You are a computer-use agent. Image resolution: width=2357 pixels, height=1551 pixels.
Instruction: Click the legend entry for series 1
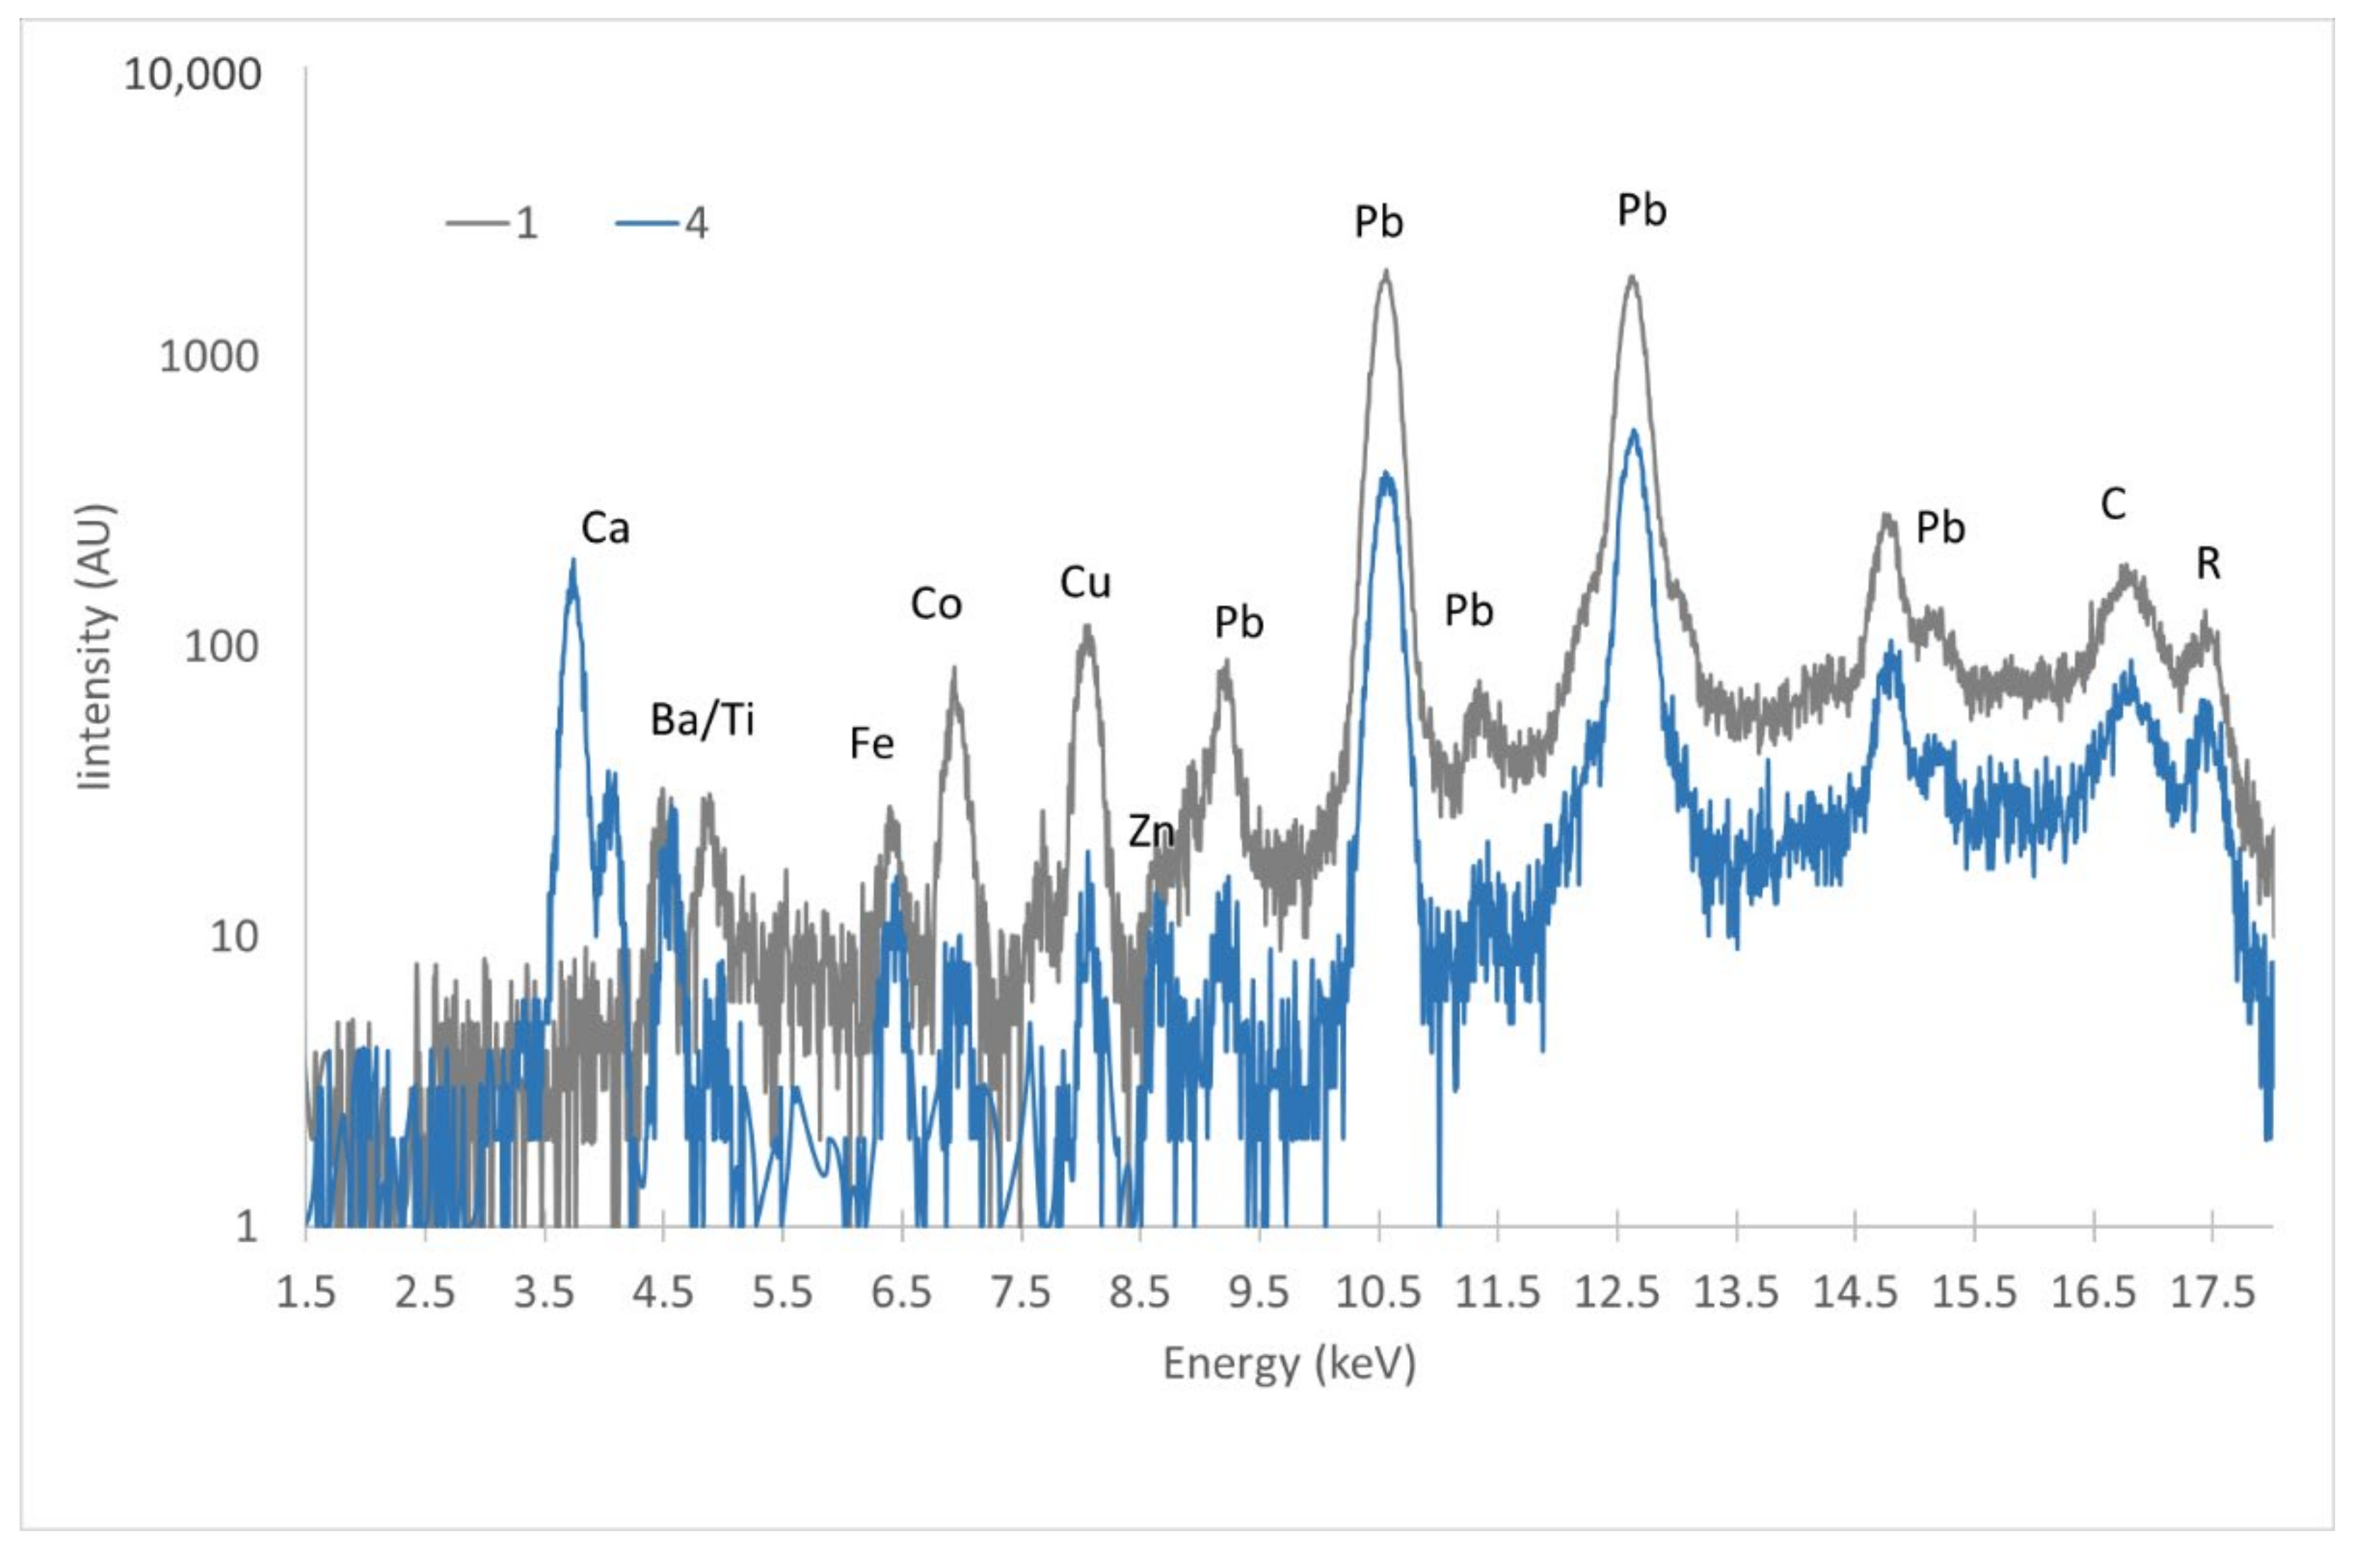click(493, 223)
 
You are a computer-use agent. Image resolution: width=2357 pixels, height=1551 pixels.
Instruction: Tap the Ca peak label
click(604, 528)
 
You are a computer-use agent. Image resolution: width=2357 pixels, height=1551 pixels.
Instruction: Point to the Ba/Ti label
click(702, 720)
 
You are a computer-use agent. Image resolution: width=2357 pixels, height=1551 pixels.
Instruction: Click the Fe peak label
click(871, 743)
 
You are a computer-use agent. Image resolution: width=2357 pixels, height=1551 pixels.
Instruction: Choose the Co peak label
click(936, 604)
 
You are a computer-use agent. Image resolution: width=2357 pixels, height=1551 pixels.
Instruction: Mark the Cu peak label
click(1085, 582)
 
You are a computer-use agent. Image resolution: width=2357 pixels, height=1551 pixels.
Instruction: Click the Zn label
click(1151, 831)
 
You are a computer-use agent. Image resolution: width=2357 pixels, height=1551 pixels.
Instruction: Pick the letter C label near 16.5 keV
click(2113, 505)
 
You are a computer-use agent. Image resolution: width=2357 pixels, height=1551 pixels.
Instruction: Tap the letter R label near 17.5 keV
click(2208, 563)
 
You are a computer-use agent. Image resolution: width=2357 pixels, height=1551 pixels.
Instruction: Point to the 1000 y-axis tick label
click(209, 356)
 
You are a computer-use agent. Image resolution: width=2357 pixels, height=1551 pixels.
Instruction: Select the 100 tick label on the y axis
click(221, 647)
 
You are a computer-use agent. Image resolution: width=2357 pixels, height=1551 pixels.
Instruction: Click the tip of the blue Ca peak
click(572, 562)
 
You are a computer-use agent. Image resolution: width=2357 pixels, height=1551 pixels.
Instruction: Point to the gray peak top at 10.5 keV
click(1384, 271)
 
